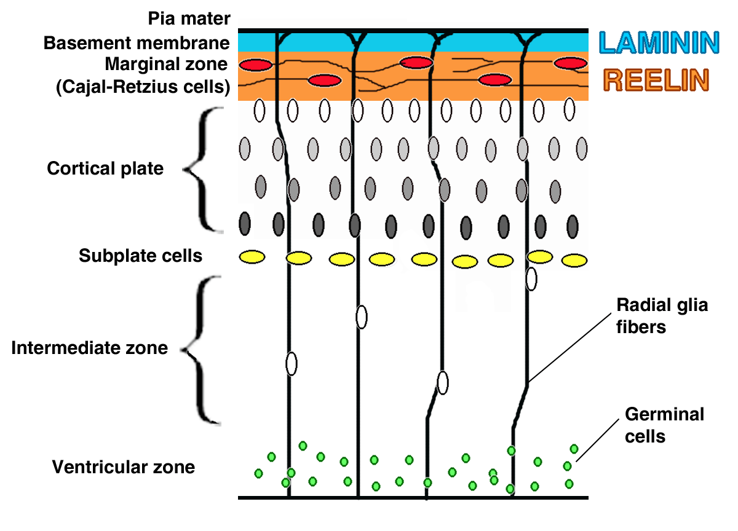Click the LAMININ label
(x=659, y=42)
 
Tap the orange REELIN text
(x=656, y=80)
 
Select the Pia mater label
(x=189, y=18)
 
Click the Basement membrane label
(x=137, y=44)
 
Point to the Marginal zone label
(x=166, y=63)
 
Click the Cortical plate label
(x=105, y=168)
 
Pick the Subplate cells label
(x=140, y=255)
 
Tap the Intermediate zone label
(x=89, y=348)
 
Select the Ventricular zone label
(x=123, y=467)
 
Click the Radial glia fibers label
(x=662, y=315)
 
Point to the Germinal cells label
(x=664, y=425)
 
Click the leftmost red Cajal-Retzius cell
(x=255, y=65)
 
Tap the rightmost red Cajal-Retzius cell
(x=570, y=63)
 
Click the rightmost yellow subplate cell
(x=574, y=261)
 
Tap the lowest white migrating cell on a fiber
(x=442, y=382)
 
